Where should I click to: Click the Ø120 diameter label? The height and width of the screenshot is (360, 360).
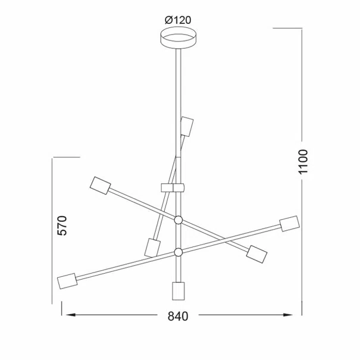coord(178,20)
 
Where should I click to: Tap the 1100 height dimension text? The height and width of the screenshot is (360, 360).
coord(303,162)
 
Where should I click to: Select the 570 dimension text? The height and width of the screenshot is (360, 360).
coord(62,226)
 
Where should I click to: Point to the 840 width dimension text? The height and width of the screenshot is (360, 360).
coord(178,316)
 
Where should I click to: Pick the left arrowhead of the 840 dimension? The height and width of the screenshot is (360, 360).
coord(71,315)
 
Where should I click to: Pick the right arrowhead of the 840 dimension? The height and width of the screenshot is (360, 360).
coord(287,315)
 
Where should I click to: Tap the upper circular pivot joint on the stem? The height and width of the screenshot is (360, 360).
coord(178,220)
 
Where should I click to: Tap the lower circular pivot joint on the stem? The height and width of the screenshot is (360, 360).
coord(178,252)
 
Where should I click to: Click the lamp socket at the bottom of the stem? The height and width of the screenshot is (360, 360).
coord(178,291)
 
